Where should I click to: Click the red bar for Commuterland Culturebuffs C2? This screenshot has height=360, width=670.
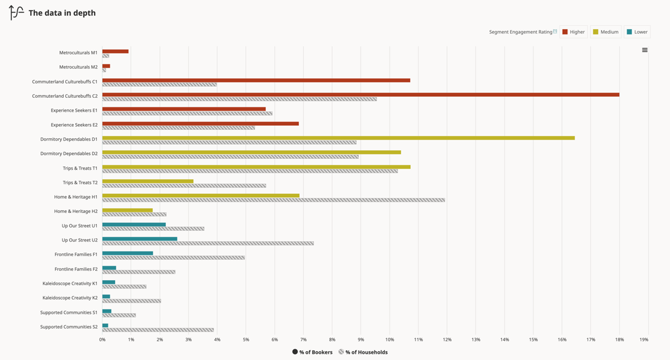tap(360, 94)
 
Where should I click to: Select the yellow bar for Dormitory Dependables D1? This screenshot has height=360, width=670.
tap(338, 138)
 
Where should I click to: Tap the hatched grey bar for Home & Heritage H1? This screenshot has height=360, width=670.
tap(273, 200)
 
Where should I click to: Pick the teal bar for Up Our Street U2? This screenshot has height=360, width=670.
tap(140, 239)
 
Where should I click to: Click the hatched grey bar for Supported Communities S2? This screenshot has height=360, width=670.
tap(158, 330)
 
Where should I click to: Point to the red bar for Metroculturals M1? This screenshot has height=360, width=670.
tap(115, 51)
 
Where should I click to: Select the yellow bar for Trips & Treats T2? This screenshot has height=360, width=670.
tap(147, 181)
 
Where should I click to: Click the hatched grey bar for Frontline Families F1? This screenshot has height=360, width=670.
tap(173, 257)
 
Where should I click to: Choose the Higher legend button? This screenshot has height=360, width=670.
tap(573, 32)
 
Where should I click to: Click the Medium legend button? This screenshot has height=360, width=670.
tap(605, 32)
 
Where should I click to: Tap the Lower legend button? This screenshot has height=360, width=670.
tap(637, 32)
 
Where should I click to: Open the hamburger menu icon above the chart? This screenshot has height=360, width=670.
tap(645, 50)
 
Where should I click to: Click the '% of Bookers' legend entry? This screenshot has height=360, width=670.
tap(312, 352)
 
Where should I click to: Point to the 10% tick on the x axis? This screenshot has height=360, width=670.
tap(389, 340)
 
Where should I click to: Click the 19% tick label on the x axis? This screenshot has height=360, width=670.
tap(644, 340)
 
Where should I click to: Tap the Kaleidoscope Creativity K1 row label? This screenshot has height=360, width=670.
tap(70, 283)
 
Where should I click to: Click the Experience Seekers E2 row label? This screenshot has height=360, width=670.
tap(74, 125)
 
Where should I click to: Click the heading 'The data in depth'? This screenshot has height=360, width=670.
tap(62, 13)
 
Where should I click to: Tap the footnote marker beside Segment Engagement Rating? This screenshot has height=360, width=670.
tap(555, 31)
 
